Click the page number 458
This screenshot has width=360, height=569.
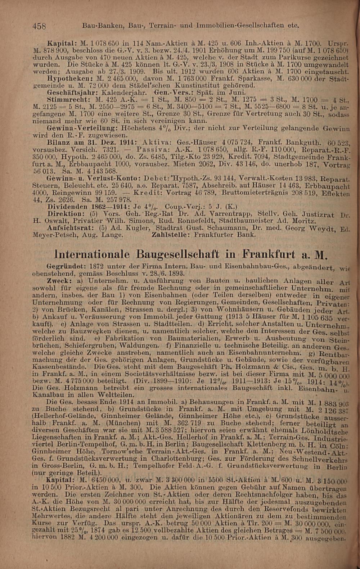[40, 26]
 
